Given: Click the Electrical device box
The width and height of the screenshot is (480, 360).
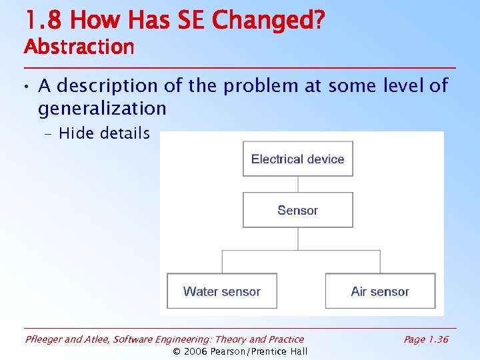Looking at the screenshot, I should coord(297,159).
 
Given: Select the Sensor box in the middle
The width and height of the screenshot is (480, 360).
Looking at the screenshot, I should coord(297,210).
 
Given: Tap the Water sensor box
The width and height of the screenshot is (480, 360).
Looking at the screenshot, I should coord(221,291).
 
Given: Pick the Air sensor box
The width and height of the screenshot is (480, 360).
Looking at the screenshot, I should coord(380,291).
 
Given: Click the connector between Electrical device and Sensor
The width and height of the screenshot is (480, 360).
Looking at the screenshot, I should coord(297,185).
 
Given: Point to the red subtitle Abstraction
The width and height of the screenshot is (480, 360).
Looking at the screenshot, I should coord(79,47).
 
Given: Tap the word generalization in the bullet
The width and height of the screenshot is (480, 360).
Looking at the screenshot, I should coord(102,108).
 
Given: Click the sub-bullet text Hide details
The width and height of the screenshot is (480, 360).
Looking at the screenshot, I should coord(104,133).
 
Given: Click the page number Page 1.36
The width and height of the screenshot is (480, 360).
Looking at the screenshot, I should coord(426,339).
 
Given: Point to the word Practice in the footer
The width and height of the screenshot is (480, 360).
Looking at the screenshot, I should coord(284,339).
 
